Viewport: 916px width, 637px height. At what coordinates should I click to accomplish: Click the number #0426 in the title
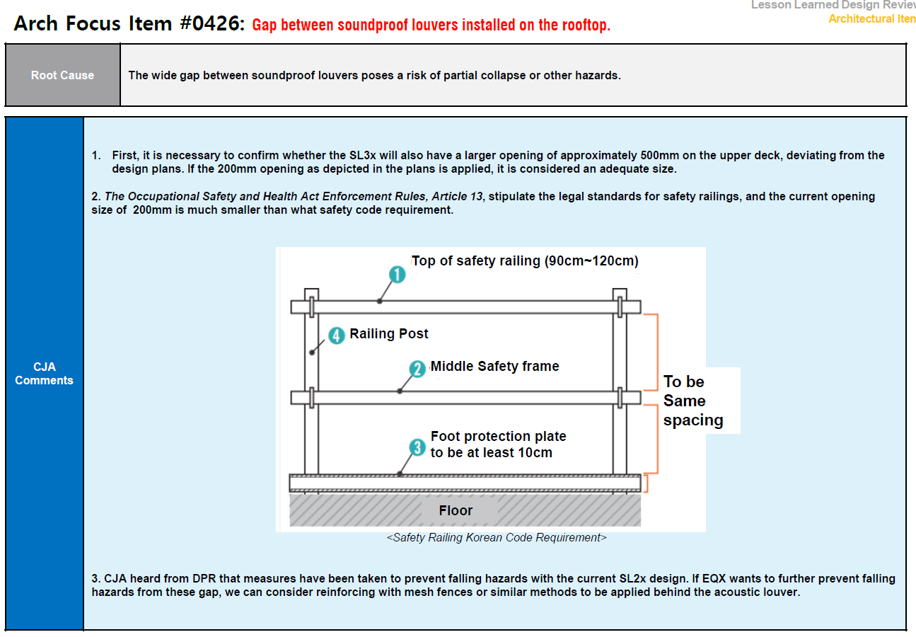211,24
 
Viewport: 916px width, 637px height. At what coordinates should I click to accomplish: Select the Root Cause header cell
62,76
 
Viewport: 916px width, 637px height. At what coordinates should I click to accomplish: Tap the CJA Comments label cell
44,374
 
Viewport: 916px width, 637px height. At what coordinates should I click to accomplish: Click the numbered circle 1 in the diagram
398,275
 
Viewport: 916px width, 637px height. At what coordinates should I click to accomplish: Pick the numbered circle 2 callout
418,369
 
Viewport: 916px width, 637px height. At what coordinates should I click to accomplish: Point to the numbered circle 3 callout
418,447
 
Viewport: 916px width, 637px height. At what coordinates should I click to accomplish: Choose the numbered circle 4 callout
337,335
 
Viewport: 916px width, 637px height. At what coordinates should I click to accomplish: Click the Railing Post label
389,333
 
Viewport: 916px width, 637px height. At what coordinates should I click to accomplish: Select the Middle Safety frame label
495,366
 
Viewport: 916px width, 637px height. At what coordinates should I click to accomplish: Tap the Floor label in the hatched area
456,510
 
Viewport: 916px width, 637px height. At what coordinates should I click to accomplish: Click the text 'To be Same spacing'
692,401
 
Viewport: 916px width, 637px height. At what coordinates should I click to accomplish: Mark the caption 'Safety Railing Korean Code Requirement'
497,538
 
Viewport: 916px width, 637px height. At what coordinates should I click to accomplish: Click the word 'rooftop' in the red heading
583,25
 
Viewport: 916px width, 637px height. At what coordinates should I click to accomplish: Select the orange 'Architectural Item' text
871,19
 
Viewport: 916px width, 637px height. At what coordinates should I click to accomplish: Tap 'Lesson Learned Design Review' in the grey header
833,5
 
